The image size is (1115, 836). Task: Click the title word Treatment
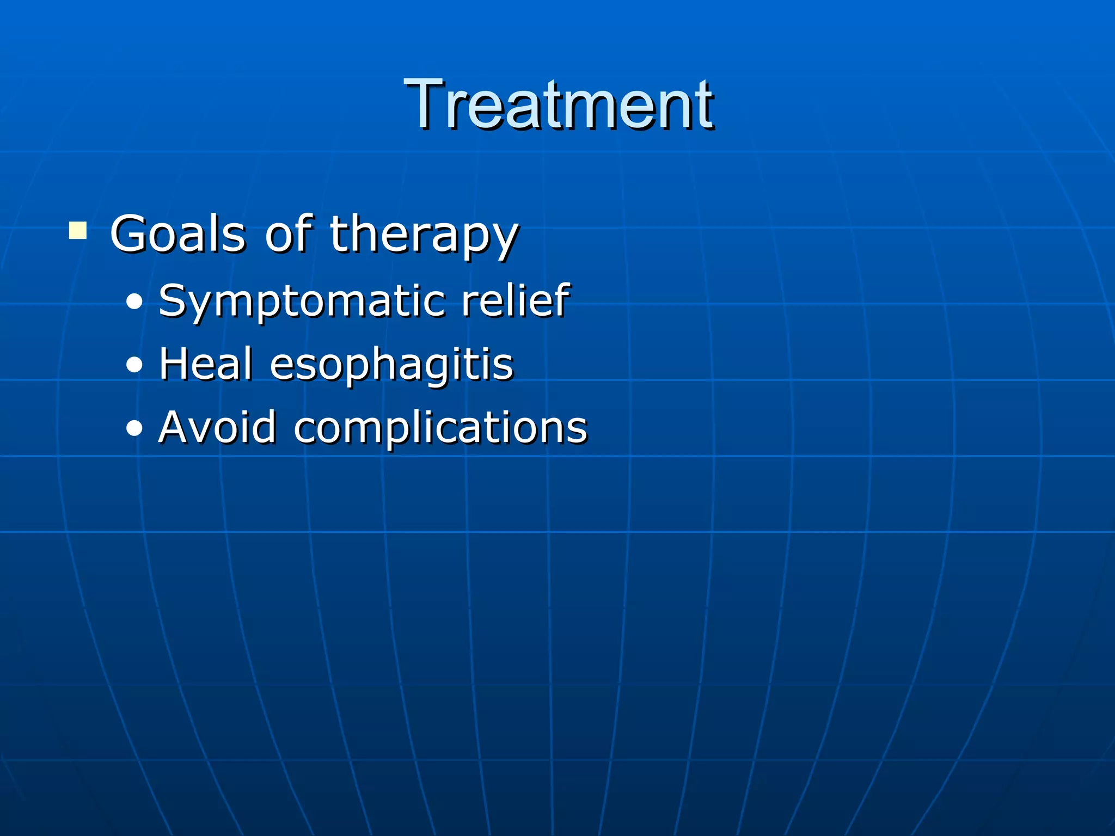558,104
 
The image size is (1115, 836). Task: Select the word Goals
177,234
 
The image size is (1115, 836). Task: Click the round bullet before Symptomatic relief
134,301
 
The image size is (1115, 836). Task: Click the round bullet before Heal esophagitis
134,365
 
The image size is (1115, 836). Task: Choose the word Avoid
217,427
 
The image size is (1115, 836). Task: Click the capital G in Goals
130,234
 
